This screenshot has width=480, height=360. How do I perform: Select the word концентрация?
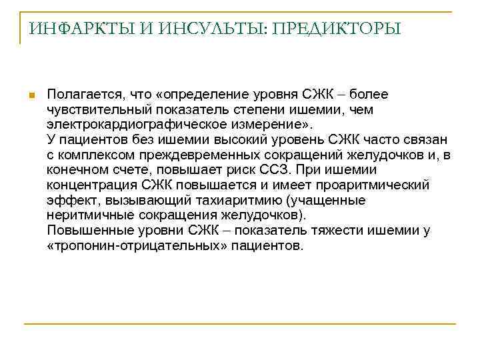click(x=88, y=185)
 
